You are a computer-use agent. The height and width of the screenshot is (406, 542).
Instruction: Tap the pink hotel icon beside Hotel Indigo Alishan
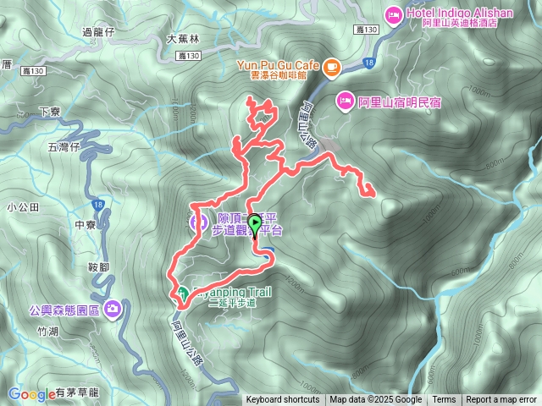click(x=393, y=14)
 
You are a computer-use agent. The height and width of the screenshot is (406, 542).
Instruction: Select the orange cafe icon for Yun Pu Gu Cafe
click(x=330, y=64)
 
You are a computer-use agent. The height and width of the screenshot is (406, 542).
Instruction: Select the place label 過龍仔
click(x=98, y=32)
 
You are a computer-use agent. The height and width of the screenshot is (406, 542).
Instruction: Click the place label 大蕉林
click(x=182, y=38)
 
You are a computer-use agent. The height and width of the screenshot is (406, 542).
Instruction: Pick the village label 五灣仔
click(x=64, y=147)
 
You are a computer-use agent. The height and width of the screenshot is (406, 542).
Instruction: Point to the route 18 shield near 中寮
click(x=100, y=205)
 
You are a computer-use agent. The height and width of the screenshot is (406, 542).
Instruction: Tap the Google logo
click(x=31, y=394)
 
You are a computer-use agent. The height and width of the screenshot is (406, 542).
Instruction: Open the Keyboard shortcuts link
click(x=283, y=400)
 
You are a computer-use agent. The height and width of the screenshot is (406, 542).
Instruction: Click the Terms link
click(x=444, y=400)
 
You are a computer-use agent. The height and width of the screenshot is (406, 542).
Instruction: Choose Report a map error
click(x=501, y=400)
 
